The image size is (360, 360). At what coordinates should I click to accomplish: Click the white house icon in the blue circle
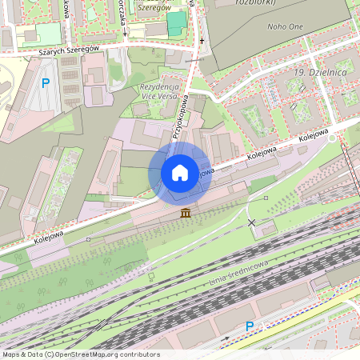coord(180,173)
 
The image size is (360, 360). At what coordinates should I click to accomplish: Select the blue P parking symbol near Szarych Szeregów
coord(46,82)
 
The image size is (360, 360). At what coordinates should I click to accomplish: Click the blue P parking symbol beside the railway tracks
coord(249,326)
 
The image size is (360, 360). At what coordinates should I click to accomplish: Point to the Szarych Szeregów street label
coord(68,50)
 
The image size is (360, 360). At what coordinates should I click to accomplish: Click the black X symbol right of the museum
coord(252,222)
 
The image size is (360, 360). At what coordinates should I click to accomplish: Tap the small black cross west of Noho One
coord(202,39)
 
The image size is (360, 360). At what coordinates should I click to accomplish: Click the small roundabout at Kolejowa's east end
coord(333,136)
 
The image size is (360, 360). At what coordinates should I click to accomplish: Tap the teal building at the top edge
coord(176,23)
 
